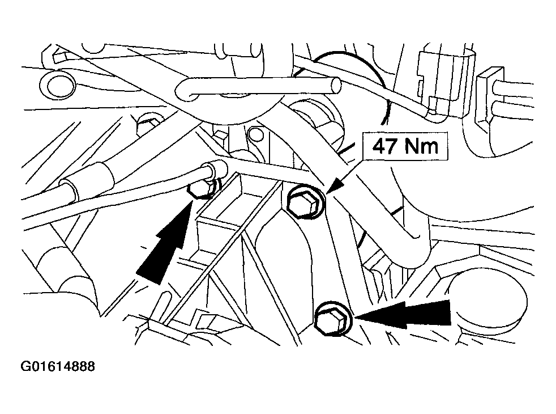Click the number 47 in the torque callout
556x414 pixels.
point(384,146)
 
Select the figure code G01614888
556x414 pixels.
point(58,366)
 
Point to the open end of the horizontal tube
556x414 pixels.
point(335,86)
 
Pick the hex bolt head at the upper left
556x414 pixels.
point(147,124)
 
